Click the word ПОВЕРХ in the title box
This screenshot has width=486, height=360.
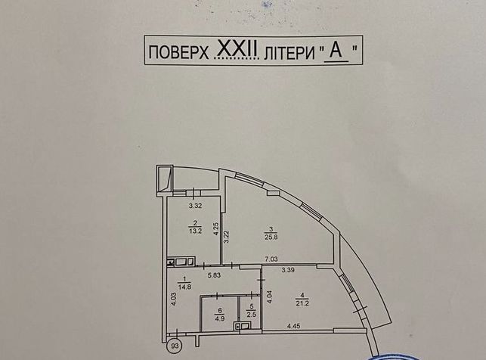[x=178, y=53]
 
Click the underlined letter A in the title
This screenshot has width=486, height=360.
[x=336, y=51]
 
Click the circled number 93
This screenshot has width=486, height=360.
[x=175, y=346]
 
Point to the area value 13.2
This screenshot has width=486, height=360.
[x=196, y=231]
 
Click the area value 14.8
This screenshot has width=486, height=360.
[x=184, y=287]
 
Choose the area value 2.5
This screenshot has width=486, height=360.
[x=251, y=317]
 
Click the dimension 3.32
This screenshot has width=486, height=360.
[x=196, y=205]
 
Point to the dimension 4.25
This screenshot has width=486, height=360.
[x=217, y=230]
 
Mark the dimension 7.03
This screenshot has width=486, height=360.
[x=271, y=259]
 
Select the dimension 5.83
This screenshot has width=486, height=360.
[x=214, y=275]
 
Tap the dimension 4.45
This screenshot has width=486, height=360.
[x=293, y=326]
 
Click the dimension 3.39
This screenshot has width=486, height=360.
[x=288, y=270]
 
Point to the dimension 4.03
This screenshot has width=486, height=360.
[x=174, y=299]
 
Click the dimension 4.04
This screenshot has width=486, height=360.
[x=270, y=297]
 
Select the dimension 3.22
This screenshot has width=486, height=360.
[x=227, y=237]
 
